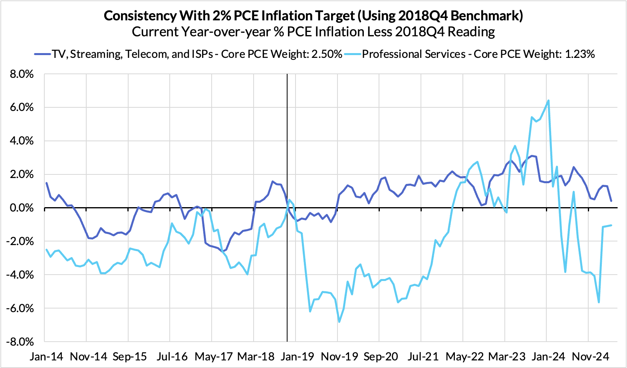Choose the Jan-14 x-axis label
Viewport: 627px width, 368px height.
click(x=46, y=356)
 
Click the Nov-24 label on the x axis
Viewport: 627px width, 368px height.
click(x=589, y=356)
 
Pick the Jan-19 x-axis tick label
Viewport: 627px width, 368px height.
click(x=297, y=356)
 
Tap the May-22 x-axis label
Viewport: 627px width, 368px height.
click(x=464, y=356)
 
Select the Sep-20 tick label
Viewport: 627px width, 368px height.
click(x=381, y=356)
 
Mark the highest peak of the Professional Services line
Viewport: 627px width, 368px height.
click(x=548, y=100)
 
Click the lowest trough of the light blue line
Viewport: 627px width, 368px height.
click(x=339, y=322)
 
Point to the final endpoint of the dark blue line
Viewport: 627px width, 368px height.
click(x=611, y=201)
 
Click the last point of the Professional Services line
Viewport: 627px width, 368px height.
click(x=611, y=225)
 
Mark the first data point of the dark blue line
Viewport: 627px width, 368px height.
click(x=47, y=183)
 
